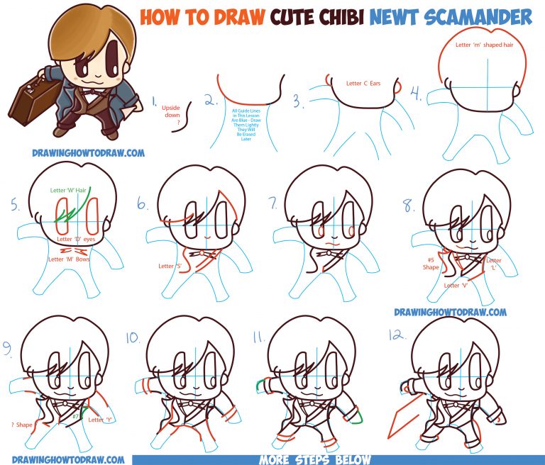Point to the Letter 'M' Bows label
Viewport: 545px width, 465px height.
tap(71, 259)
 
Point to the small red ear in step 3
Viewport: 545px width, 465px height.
tap(400, 88)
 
